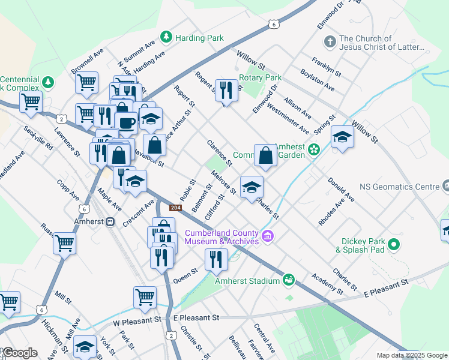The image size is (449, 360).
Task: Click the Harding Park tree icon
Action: click(166, 38)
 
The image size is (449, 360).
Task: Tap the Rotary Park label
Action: click(260, 78)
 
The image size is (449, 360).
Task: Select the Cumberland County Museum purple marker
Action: click(268, 237)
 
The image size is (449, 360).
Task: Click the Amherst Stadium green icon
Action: click(289, 280)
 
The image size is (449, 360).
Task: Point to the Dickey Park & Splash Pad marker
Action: click(394, 244)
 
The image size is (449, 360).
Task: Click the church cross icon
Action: click(329, 42)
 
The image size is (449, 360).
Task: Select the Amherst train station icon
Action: click(110, 221)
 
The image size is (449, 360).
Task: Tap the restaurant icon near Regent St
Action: click(226, 91)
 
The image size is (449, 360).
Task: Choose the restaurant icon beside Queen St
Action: click(216, 259)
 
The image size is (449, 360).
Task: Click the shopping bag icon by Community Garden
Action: click(265, 155)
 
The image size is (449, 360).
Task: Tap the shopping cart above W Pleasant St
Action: click(145, 296)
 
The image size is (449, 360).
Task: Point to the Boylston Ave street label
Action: click(318, 82)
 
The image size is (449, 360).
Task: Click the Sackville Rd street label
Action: click(38, 139)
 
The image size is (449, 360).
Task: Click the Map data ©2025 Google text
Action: click(412, 355)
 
